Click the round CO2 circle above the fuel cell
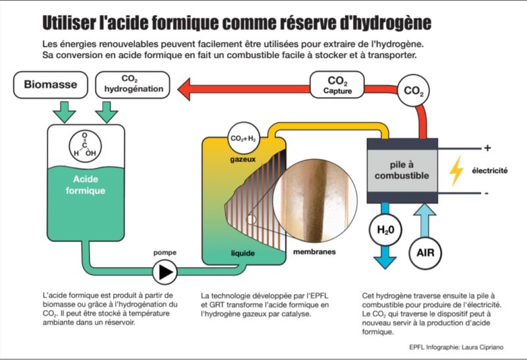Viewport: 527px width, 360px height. coord(413,90)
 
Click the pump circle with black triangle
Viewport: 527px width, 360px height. coord(165,270)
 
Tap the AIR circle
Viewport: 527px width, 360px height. coord(425,253)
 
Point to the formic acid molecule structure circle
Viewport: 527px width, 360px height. coord(88,147)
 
